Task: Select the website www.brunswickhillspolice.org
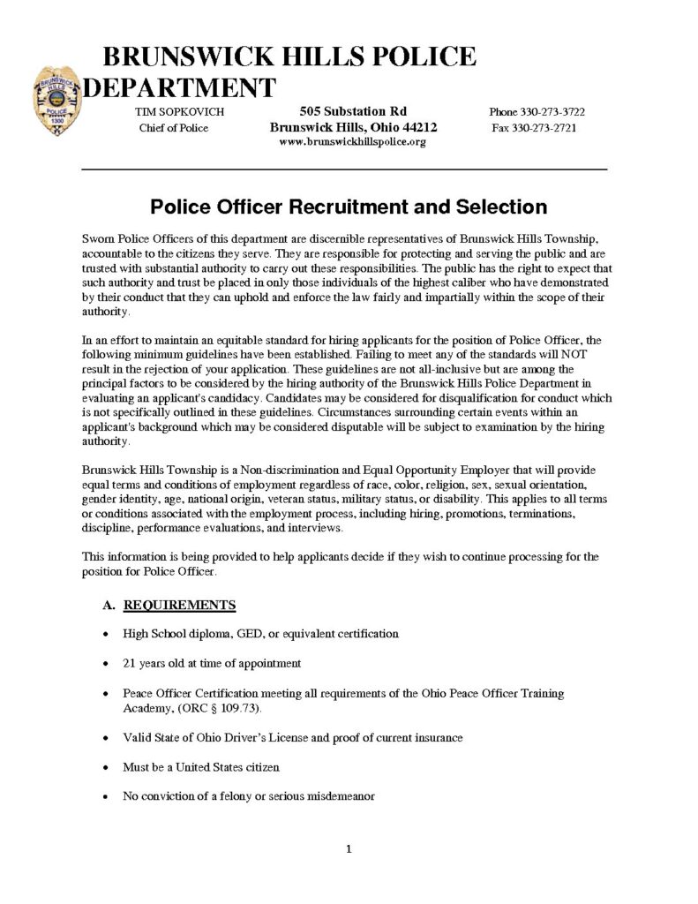click(353, 142)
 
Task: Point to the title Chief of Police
click(173, 128)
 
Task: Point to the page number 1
click(349, 849)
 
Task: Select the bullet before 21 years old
click(106, 663)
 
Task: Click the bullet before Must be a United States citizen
click(106, 766)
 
